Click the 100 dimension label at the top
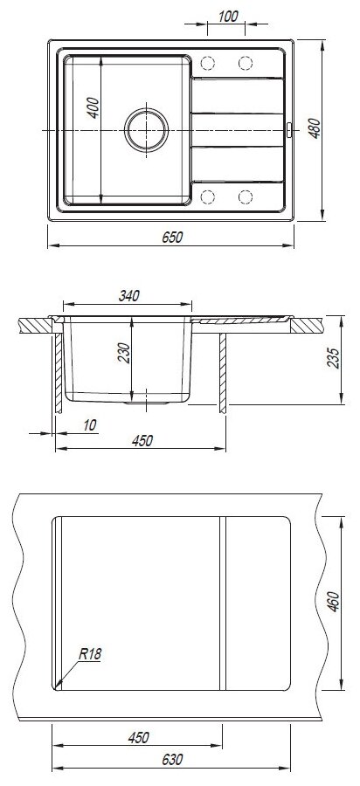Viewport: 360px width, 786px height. coord(228,16)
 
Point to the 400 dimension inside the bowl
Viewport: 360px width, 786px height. coord(93,107)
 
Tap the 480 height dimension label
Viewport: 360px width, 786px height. coord(314,129)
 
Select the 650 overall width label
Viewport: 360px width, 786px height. coord(172,237)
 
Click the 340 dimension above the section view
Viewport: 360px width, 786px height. coord(128,296)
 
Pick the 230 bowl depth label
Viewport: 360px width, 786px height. coord(123,353)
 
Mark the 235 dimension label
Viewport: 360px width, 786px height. coord(334,358)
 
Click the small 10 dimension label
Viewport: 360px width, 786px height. coord(89,425)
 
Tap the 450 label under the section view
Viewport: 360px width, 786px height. coord(142,441)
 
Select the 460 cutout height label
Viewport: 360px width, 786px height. coord(334,602)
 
